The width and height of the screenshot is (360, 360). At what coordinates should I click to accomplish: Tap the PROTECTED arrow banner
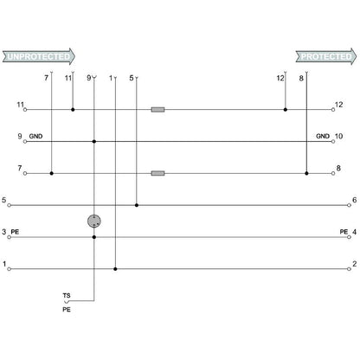point(327,57)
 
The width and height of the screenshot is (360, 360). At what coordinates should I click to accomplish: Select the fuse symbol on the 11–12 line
point(157,110)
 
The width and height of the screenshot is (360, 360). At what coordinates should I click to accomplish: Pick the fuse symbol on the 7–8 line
point(157,173)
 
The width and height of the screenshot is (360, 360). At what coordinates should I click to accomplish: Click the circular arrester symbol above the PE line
point(94,222)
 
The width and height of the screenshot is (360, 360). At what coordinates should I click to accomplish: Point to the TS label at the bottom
point(67,296)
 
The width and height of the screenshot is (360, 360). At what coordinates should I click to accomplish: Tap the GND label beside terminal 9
point(35,137)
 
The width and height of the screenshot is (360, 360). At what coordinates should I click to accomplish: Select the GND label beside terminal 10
point(323,137)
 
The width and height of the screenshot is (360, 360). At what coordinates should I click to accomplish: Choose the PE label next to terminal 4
point(344,232)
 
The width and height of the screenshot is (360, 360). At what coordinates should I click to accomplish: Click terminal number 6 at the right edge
point(355,200)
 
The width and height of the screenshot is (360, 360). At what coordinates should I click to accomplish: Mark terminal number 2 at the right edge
point(355,263)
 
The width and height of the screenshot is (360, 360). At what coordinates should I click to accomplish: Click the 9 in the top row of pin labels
point(88,78)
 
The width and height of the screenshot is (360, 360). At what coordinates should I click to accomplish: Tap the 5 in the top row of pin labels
point(131,78)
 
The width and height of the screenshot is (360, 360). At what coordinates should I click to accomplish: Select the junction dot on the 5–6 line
point(137,205)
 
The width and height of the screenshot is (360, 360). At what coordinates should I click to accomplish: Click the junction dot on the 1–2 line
point(115,268)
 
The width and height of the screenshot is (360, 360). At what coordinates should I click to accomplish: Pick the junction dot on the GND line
point(94,142)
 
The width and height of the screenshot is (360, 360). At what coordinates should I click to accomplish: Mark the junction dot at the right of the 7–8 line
point(306,173)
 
